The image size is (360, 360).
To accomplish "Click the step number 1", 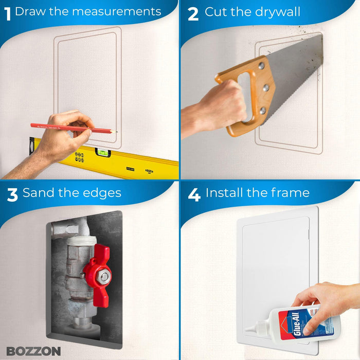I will click(x=8, y=13).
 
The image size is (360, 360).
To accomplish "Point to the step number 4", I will click(x=194, y=195).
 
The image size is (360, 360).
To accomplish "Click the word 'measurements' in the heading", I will click(x=118, y=11).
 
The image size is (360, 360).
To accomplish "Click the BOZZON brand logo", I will click(x=33, y=351).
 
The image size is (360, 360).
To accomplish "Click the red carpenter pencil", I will click(x=57, y=127).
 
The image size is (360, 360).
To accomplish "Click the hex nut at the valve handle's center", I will click(x=104, y=277).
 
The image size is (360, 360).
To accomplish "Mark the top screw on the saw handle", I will click(x=262, y=66).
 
